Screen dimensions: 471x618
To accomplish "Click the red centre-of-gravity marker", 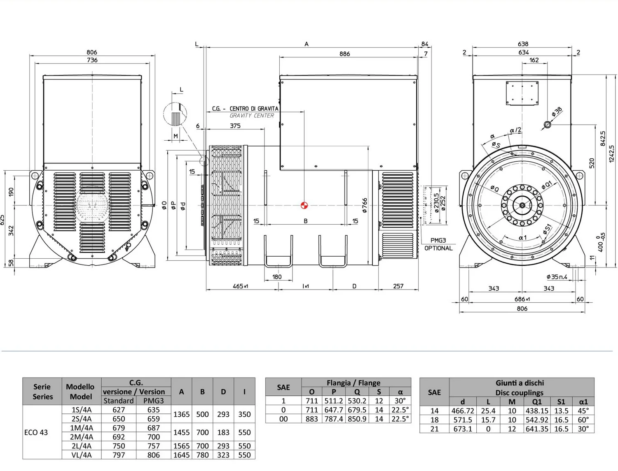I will click(304, 205).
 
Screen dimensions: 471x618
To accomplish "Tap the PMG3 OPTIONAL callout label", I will click(438, 244).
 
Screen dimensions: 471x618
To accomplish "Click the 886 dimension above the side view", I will click(344, 54).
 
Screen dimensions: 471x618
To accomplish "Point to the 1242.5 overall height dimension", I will click(611, 154).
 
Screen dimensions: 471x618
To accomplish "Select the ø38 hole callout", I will click(557, 112).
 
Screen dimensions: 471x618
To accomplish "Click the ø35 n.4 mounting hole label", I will click(557, 277).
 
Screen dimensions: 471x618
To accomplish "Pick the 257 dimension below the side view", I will click(398, 286).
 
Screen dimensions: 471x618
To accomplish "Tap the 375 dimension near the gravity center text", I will click(235, 126).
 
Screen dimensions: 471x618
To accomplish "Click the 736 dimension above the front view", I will click(92, 60).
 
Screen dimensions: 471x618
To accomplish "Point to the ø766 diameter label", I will click(364, 205).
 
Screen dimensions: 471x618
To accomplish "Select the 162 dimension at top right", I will click(534, 60).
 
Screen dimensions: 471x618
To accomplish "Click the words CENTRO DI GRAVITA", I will click(254, 109).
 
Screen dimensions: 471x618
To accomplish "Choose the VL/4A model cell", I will click(81, 455).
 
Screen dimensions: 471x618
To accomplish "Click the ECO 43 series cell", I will click(36, 432).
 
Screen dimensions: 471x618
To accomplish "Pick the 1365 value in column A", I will click(181, 414).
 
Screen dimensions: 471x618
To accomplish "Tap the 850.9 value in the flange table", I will click(357, 419).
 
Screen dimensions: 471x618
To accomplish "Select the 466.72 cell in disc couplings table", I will click(462, 411).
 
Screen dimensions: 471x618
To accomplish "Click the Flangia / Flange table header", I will click(353, 383).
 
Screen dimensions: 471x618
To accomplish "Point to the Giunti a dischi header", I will click(520, 383).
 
